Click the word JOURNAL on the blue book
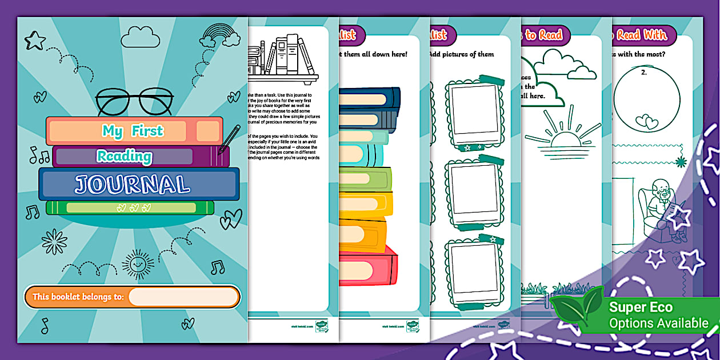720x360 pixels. [133, 185]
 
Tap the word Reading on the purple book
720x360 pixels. [125, 156]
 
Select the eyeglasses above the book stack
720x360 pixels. [134, 102]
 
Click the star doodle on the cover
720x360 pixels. [35, 40]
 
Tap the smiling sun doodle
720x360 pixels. [138, 264]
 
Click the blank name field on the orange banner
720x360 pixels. [183, 297]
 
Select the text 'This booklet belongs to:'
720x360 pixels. [78, 297]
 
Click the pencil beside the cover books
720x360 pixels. [229, 139]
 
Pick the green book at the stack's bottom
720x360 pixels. [130, 207]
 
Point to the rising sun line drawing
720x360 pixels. [555, 137]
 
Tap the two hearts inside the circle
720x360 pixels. [647, 122]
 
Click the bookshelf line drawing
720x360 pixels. [282, 57]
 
